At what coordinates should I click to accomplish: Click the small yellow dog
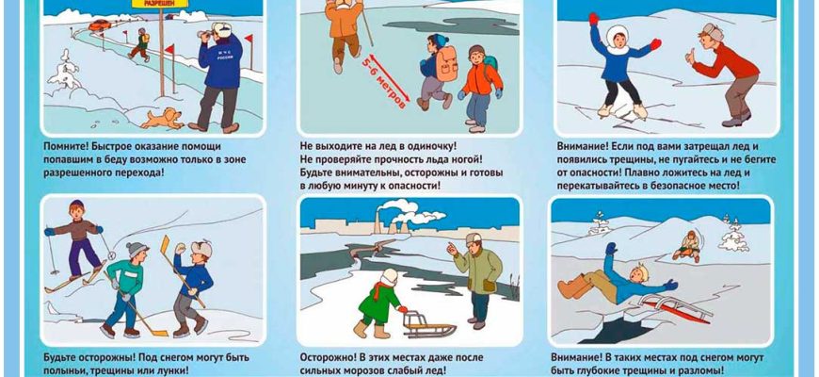[x=162, y=119]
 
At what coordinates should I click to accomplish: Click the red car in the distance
[x=99, y=25]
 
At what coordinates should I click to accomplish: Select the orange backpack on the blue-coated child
[x=446, y=64]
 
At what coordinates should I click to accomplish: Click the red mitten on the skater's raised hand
[x=655, y=44]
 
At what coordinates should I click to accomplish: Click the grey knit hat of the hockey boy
[x=136, y=249]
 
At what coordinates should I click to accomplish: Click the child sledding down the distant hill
[x=687, y=246]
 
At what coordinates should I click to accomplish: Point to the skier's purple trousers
[x=84, y=256]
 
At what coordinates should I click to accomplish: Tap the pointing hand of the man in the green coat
[x=454, y=249]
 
